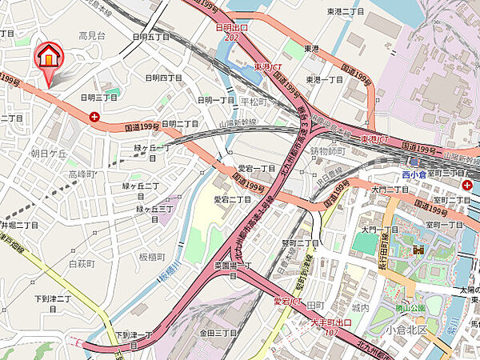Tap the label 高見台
[x=93, y=36]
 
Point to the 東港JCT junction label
[x=270, y=67]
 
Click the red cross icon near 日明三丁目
[x=95, y=117]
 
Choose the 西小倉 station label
[x=414, y=174]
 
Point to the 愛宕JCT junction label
[x=288, y=301]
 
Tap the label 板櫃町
[x=150, y=257]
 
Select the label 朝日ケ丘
[x=46, y=152]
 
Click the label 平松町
[x=254, y=102]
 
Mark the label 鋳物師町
[x=327, y=150]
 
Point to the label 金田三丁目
[x=218, y=332]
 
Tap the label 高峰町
[x=82, y=174]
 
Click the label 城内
[x=360, y=307]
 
